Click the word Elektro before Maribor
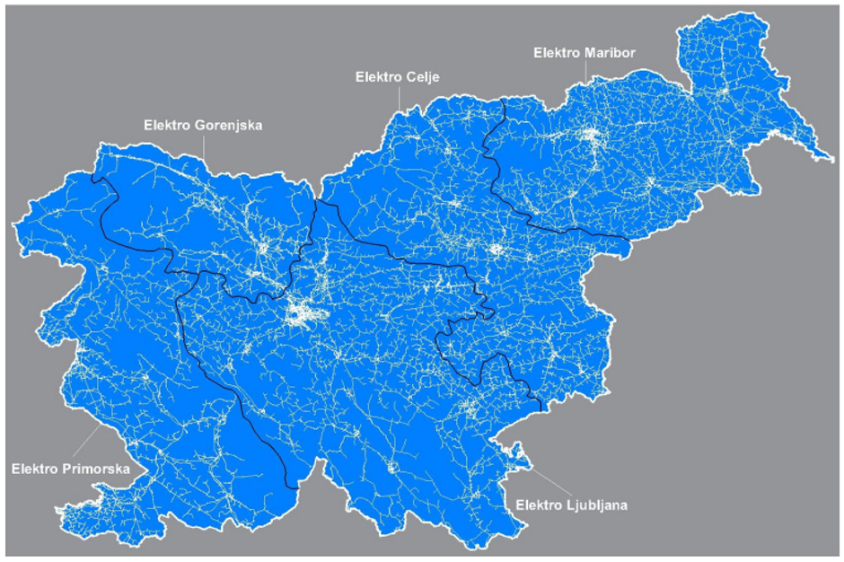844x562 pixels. pos(557,53)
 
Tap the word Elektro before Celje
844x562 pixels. pos(377,78)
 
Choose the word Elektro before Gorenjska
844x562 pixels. pos(167,125)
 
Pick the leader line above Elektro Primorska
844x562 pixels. pos(88,443)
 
